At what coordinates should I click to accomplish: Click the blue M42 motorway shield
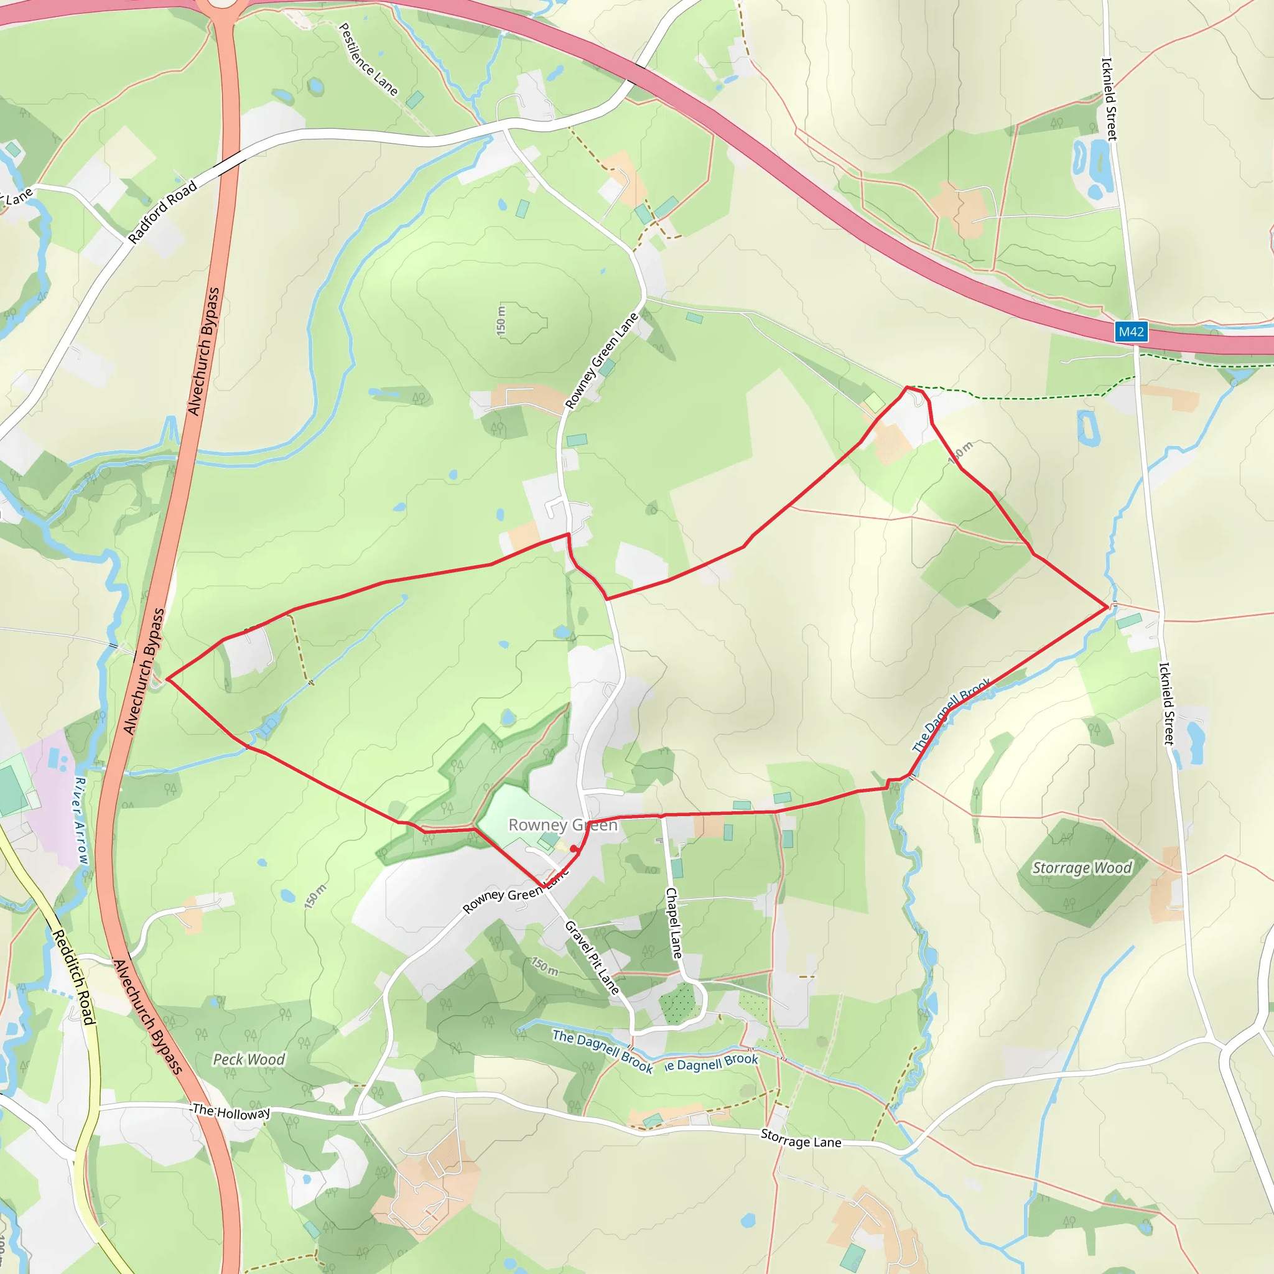[x=1131, y=332]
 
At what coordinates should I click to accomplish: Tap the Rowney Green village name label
[x=562, y=825]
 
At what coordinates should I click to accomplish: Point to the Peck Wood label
[x=249, y=1059]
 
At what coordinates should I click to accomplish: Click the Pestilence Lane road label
[x=368, y=58]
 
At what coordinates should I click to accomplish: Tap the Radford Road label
[x=162, y=212]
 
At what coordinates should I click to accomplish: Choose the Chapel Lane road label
[x=673, y=923]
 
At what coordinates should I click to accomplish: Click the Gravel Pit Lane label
[x=592, y=957]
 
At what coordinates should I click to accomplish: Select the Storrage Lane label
[x=801, y=1139]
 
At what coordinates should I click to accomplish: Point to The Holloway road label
[x=231, y=1112]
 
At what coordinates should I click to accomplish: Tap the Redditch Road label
[x=74, y=977]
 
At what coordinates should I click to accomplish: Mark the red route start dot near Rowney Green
[x=574, y=849]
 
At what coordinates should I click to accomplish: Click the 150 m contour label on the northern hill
[x=501, y=320]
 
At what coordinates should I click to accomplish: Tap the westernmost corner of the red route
[x=167, y=679]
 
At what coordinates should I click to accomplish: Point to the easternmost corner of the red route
[x=1107, y=606]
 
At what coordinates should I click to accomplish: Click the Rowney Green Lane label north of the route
[x=602, y=361]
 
